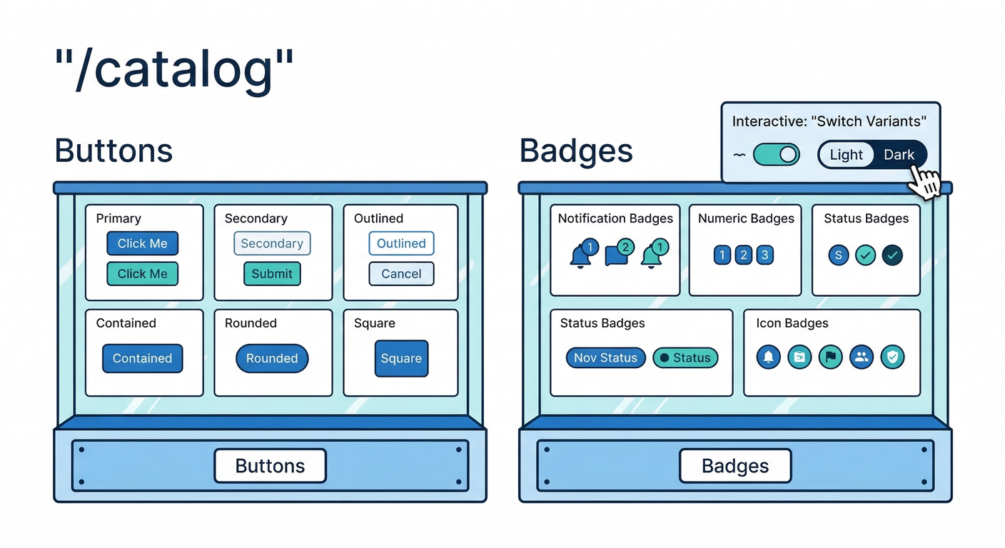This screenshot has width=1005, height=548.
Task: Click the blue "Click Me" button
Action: (142, 243)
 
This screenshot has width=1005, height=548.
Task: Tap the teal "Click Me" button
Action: (142, 274)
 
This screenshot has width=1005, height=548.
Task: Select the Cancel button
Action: (401, 274)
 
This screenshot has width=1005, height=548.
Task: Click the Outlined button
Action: (401, 243)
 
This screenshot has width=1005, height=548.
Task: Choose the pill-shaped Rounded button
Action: (272, 358)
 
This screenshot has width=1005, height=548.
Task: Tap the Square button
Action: (401, 358)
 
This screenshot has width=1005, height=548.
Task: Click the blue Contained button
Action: (142, 358)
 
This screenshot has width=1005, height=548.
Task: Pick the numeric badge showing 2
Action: (744, 255)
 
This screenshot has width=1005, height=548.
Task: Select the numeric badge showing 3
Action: (765, 255)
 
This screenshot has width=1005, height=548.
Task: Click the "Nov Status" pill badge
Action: (605, 357)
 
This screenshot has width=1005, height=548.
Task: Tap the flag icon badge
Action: (830, 357)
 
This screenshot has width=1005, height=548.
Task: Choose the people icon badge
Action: (862, 357)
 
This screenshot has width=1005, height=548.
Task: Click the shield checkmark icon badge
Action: (892, 357)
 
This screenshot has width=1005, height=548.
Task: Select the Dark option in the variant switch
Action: (899, 155)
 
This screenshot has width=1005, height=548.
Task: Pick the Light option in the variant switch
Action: (847, 155)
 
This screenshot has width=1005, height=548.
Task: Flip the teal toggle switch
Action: (777, 155)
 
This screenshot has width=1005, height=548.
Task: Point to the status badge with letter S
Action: (839, 255)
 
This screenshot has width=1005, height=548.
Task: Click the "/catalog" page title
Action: (174, 69)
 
